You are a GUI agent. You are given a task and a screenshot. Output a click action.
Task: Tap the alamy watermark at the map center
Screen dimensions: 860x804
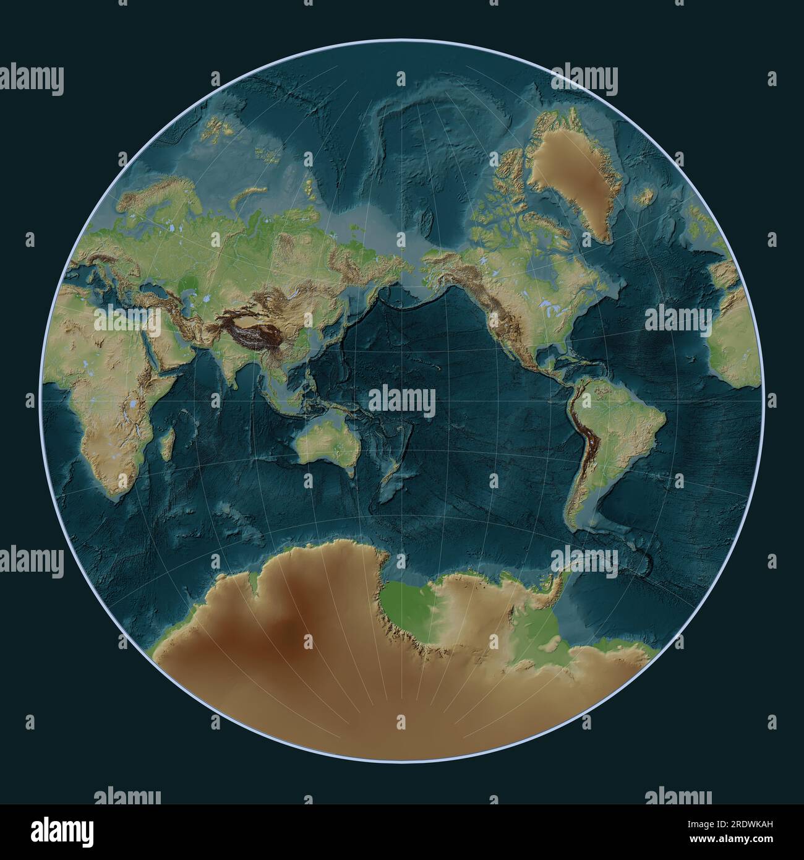402,402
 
